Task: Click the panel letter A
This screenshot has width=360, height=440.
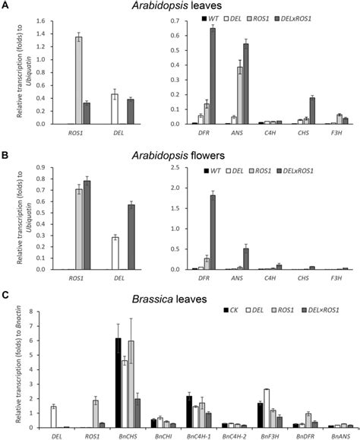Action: pyautogui.click(x=5, y=6)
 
